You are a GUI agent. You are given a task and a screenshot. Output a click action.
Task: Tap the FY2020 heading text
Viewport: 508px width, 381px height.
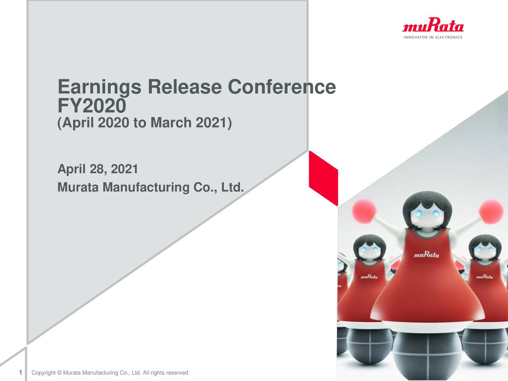(92, 106)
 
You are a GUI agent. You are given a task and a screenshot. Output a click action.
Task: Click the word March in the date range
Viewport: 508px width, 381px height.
(171, 123)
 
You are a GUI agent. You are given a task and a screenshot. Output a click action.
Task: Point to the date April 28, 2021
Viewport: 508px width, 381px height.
(98, 169)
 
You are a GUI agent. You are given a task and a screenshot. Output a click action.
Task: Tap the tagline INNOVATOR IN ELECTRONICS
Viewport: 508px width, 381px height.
(433, 38)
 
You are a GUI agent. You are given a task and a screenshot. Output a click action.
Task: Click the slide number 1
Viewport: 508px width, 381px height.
(20, 372)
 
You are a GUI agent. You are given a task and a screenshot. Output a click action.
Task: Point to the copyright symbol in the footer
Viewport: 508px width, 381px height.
(60, 373)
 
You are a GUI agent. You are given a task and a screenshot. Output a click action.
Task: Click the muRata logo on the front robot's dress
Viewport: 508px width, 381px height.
(427, 255)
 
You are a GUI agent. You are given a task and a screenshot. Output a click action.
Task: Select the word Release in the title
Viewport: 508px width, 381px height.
(184, 87)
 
